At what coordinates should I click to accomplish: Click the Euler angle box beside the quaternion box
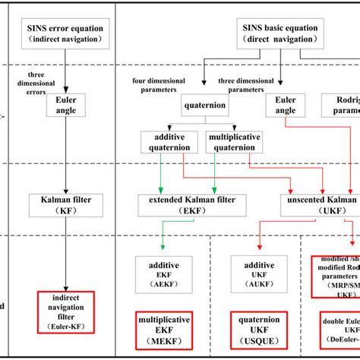click(x=285, y=105)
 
